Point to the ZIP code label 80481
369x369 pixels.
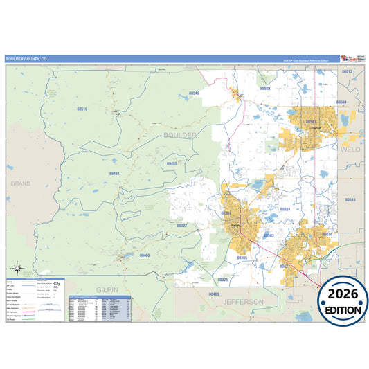[114, 173]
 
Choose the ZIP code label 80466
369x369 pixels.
[145, 255]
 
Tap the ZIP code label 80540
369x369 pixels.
[194, 93]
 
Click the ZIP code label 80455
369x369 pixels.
[173, 163]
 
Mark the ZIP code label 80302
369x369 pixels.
[182, 225]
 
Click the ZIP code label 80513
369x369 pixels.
[348, 71]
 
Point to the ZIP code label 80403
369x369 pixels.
[213, 294]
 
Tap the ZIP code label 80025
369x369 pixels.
[222, 279]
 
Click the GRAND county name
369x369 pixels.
[21, 183]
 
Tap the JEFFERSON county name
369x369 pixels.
[243, 302]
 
